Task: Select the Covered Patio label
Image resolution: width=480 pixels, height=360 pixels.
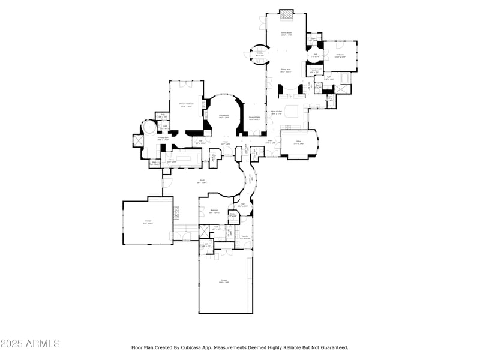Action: [x=254, y=118]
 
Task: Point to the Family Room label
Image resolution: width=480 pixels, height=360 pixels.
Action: [x=286, y=34]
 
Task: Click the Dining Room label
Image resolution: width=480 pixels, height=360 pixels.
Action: [x=286, y=70]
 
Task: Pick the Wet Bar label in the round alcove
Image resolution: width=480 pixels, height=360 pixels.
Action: [x=260, y=54]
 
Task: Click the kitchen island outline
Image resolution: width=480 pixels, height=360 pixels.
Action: [x=292, y=111]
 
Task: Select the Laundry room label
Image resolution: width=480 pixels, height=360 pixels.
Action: [x=245, y=237]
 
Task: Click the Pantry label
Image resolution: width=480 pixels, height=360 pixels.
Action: [x=329, y=99]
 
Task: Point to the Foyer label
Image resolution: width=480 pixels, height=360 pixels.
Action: [x=225, y=144]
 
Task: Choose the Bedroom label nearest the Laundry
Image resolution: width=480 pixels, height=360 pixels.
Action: [x=215, y=211]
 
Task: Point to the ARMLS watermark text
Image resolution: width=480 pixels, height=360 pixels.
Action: [x=30, y=344]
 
